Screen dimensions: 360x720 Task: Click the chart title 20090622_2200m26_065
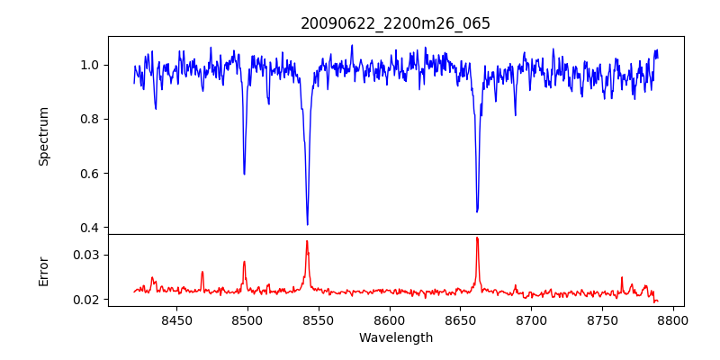[x=395, y=23]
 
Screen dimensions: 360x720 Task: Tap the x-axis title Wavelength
[x=395, y=338]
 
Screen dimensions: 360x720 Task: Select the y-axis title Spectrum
[x=44, y=136]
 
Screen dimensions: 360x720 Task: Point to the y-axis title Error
[x=44, y=270]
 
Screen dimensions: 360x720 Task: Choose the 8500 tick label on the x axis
[x=247, y=319]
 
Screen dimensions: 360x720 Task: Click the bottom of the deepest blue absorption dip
[x=308, y=224]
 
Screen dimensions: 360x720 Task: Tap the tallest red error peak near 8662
[x=477, y=238]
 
